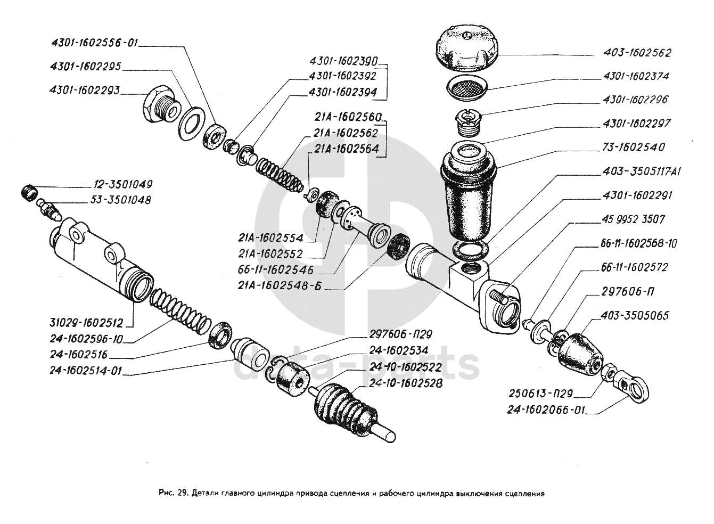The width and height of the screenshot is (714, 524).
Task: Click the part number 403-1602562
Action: [637, 53]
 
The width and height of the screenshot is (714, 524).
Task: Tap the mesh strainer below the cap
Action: [467, 86]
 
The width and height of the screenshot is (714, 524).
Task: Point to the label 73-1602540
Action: [634, 148]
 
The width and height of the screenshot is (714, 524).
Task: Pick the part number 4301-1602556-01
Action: [94, 43]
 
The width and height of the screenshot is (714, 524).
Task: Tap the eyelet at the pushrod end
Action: [636, 388]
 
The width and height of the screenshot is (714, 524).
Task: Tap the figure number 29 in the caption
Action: [179, 493]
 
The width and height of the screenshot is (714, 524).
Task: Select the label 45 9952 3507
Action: [634, 219]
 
